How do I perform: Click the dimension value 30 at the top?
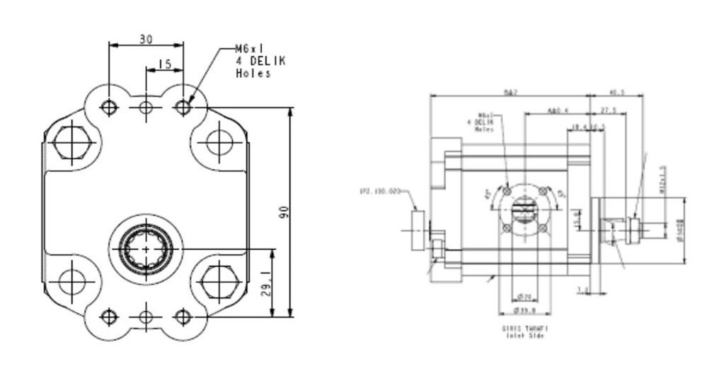146,40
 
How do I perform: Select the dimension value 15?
164,64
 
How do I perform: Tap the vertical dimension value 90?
284,212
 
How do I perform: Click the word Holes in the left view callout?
253,73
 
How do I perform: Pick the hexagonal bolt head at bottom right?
219,282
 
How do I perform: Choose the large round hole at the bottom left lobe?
71,282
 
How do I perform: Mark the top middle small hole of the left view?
146,108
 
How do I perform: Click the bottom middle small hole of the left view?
146,316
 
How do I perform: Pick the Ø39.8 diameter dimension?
524,310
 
